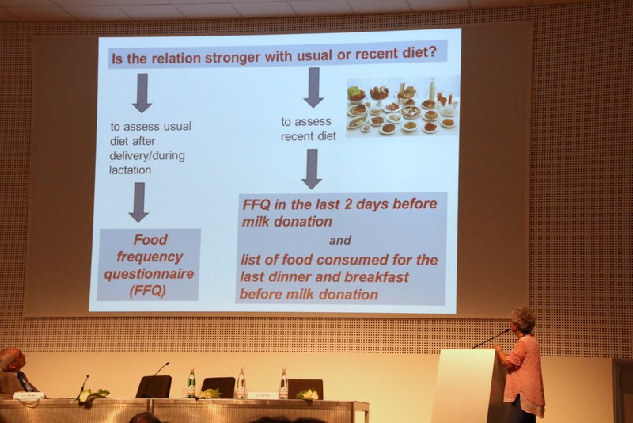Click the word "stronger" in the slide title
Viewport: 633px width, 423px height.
(x=232, y=58)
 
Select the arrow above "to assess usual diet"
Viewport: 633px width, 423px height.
(x=142, y=93)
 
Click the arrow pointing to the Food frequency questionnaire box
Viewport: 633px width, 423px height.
(x=139, y=202)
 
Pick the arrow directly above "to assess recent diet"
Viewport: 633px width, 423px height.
(x=313, y=88)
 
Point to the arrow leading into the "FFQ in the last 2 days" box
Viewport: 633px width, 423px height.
(x=312, y=169)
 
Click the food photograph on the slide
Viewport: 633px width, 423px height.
(x=403, y=106)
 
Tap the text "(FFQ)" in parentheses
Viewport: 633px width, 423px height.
(x=148, y=291)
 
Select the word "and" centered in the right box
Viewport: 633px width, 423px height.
(x=340, y=241)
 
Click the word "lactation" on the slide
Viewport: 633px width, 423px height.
(x=130, y=170)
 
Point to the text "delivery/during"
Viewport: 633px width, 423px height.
(x=147, y=155)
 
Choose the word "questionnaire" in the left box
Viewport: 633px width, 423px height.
(x=149, y=274)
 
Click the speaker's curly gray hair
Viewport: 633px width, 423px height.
(x=522, y=317)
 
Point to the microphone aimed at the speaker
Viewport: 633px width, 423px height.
(x=490, y=338)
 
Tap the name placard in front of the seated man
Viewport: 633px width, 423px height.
(x=28, y=395)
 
